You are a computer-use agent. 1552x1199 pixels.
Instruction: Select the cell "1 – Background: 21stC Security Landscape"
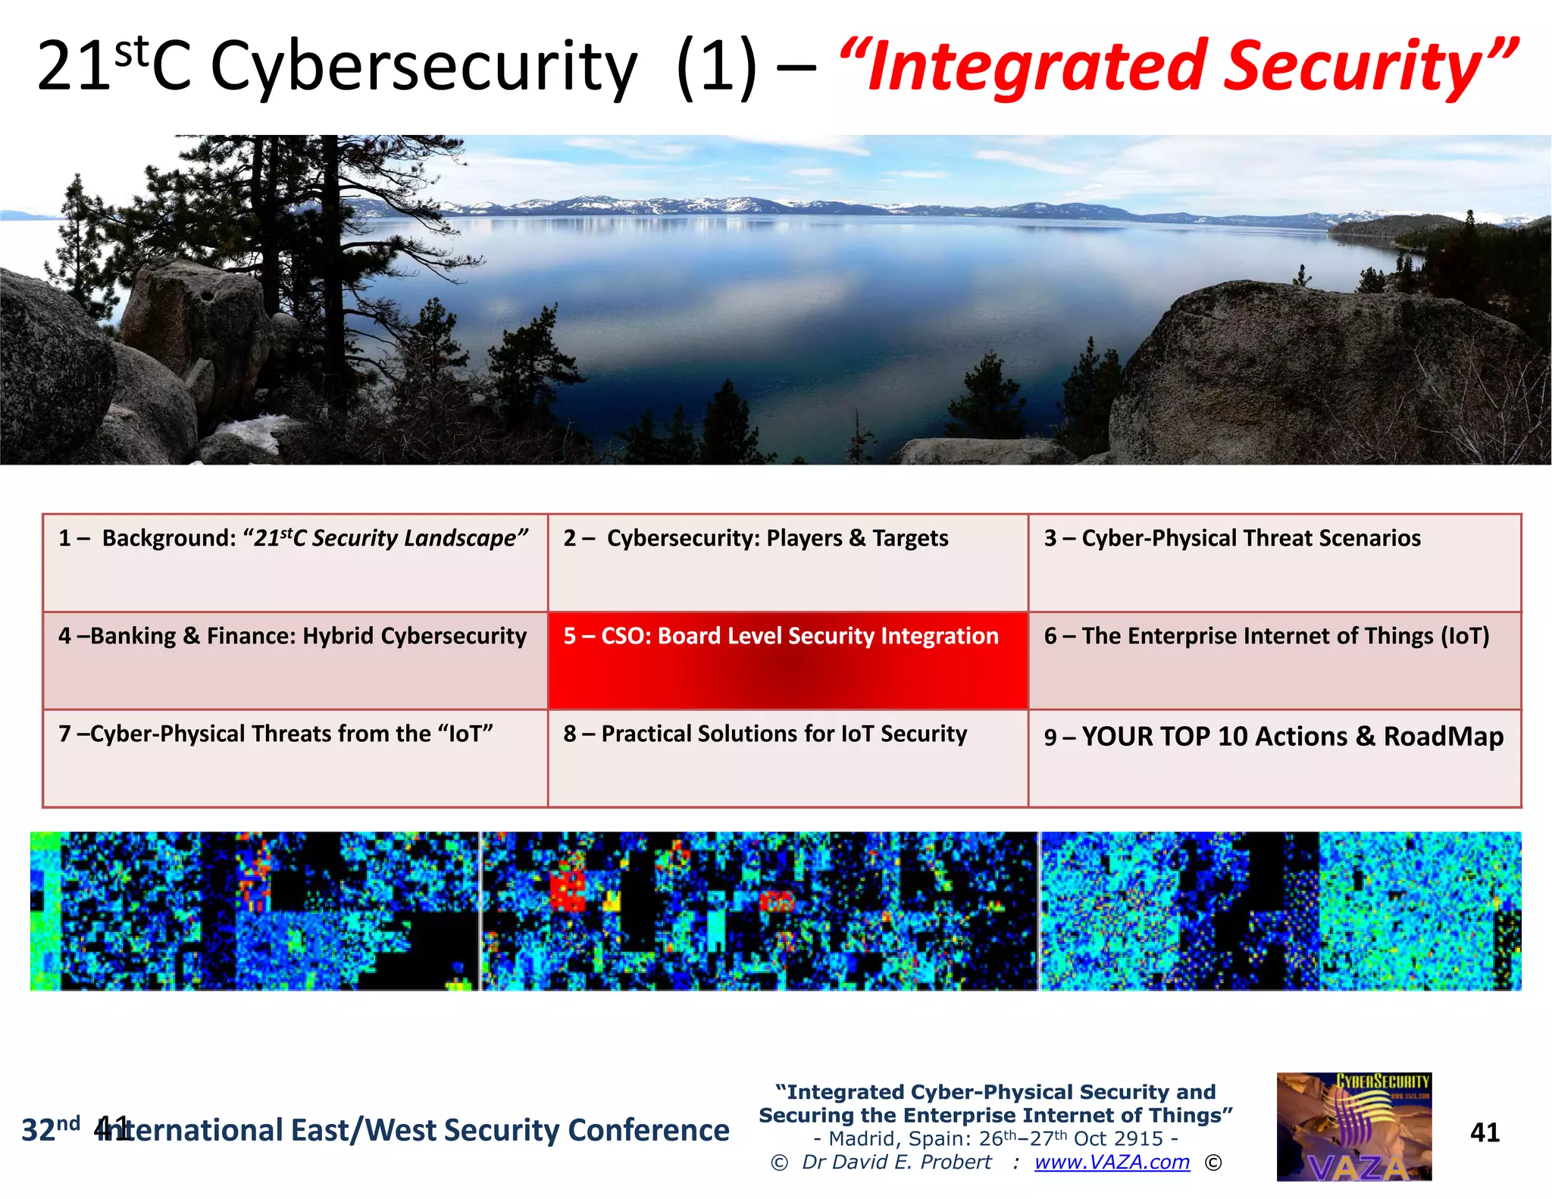295,562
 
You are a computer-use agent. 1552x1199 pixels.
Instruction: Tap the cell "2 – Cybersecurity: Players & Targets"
787,562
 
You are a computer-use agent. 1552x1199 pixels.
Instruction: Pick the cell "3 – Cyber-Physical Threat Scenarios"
1274,562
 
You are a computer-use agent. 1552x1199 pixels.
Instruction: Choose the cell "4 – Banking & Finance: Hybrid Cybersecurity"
295,660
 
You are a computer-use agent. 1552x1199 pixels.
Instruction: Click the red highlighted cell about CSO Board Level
787,660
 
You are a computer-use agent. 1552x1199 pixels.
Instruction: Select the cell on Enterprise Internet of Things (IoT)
1274,660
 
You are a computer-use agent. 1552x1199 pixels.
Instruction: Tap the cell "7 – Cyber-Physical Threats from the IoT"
295,758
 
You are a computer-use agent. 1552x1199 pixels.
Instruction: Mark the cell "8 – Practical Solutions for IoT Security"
787,758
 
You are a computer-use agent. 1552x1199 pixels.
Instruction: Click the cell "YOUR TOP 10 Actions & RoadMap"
1274,758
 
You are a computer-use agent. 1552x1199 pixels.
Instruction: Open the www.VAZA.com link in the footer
1112,1163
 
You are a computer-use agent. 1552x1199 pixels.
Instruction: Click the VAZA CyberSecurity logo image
1353,1127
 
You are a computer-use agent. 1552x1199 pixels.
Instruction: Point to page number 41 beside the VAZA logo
1484,1132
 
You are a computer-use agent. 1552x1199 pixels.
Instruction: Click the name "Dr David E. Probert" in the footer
896,1163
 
